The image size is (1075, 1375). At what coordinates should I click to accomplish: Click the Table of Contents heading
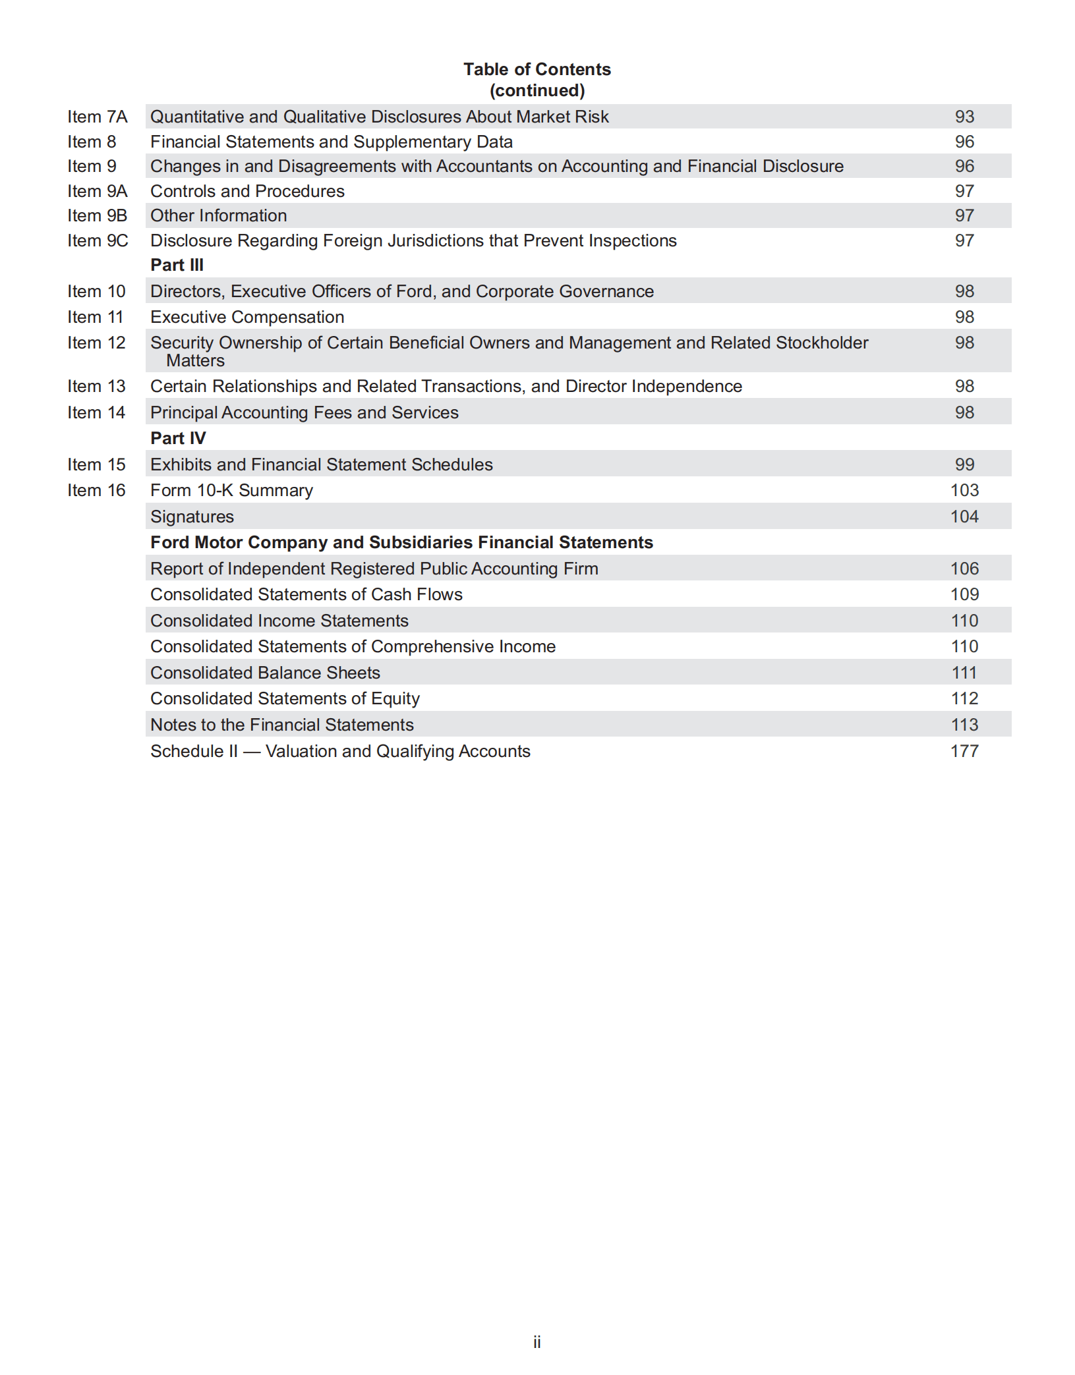[x=537, y=69]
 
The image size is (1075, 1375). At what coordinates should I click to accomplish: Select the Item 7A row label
[x=97, y=117]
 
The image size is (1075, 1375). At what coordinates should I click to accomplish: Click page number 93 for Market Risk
[x=964, y=117]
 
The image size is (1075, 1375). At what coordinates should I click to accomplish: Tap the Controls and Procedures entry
[x=247, y=191]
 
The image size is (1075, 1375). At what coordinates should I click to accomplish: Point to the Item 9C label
[x=98, y=240]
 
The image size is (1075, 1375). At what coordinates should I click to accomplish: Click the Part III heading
[x=177, y=265]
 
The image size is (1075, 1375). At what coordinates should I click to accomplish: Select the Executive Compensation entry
[x=247, y=317]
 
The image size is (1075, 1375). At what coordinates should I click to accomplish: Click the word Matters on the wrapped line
[x=195, y=360]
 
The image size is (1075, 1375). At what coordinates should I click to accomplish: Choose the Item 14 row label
[x=96, y=412]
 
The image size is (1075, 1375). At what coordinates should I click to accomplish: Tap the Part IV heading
[x=178, y=438]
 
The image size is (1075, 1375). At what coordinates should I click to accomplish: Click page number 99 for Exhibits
[x=964, y=464]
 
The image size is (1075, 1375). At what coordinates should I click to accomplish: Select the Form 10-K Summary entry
[x=231, y=490]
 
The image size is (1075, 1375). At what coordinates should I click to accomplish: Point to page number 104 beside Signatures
[x=964, y=517]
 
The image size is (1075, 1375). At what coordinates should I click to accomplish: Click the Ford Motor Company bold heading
[x=401, y=542]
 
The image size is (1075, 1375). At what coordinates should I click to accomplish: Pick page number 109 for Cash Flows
[x=964, y=594]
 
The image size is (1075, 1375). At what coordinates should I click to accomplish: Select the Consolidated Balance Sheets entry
[x=265, y=673]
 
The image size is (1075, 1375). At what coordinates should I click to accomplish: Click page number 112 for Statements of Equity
[x=964, y=698]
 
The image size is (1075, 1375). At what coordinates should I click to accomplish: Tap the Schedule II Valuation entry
[x=340, y=751]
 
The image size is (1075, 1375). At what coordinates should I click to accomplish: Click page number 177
[x=964, y=751]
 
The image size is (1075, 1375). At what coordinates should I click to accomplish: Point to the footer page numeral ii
[x=537, y=1342]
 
